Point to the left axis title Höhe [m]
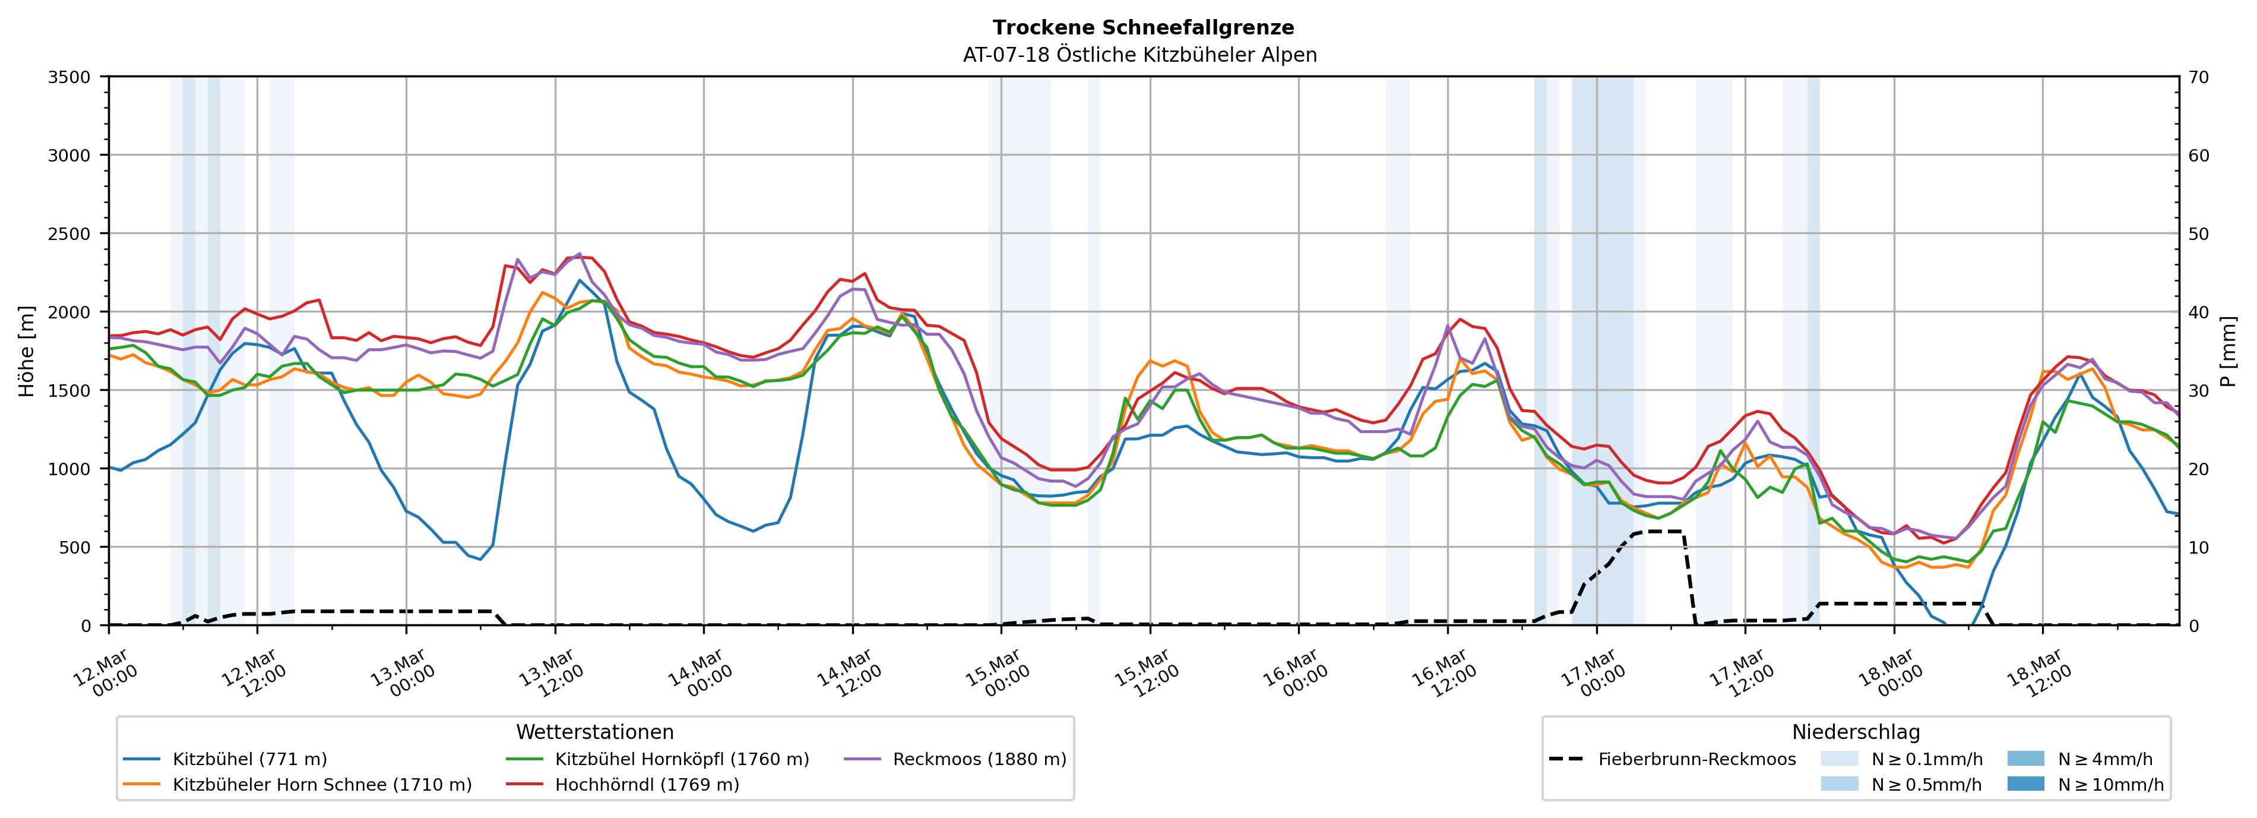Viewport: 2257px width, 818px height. coord(27,350)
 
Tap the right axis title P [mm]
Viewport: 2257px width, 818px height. coord(2228,350)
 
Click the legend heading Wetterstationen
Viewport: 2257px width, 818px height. coord(595,732)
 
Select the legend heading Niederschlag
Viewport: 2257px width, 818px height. coord(1856,732)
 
